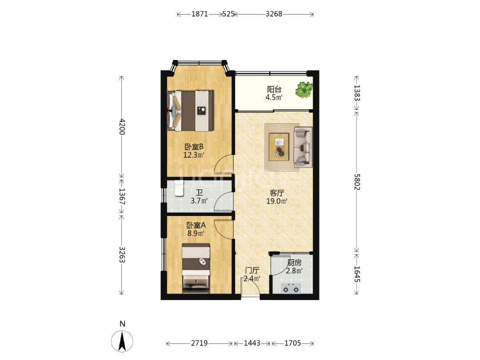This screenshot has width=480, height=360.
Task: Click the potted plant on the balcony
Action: [304, 90]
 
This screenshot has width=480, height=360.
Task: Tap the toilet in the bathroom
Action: [179, 188]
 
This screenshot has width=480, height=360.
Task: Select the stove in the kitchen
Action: [291, 288]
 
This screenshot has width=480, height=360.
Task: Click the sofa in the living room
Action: [303, 147]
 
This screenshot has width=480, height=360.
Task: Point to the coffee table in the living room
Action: [279, 147]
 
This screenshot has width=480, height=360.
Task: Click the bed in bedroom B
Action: [190, 111]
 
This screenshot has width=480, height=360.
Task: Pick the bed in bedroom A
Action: [196, 268]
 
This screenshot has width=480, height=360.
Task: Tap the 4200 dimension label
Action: [122, 126]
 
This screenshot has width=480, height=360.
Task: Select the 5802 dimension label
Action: [357, 182]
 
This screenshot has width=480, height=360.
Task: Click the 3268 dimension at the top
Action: [274, 14]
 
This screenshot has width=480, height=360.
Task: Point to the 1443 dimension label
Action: [252, 343]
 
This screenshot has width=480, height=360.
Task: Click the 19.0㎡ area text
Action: [277, 201]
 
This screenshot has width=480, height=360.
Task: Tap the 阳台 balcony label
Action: [274, 89]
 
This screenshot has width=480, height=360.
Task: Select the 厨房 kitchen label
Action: [295, 263]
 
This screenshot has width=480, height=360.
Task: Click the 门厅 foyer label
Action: [252, 270]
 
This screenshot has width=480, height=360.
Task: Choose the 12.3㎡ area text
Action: [194, 155]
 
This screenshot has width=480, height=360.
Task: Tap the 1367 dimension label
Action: [122, 196]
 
